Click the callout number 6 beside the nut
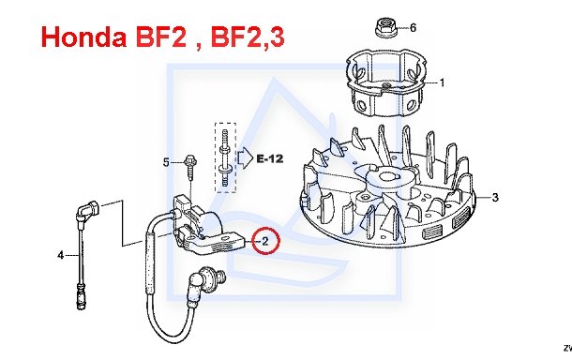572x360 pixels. [x=413, y=27]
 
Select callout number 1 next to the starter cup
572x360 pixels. [x=442, y=82]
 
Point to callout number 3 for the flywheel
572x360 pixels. [x=495, y=197]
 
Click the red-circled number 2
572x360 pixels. [x=265, y=241]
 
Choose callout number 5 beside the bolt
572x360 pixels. [x=166, y=162]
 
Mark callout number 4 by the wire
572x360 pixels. [x=61, y=255]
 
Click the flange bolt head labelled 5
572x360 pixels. [x=190, y=161]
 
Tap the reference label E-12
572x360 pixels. [x=270, y=158]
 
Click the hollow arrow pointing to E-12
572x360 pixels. [x=245, y=158]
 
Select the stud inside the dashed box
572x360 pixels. [x=225, y=157]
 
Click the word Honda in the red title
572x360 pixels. [x=83, y=37]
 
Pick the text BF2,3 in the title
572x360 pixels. [x=248, y=37]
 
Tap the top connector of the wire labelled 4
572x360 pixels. [x=88, y=210]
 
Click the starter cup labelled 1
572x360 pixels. [x=386, y=82]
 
